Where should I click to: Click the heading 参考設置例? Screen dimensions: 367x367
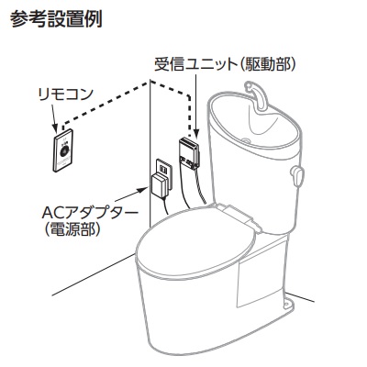56,19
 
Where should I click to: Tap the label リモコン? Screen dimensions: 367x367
65,95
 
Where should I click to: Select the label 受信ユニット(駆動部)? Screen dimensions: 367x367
225,64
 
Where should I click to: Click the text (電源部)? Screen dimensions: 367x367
72,229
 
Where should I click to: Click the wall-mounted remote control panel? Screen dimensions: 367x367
63,150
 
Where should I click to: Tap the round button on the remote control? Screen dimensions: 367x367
64,150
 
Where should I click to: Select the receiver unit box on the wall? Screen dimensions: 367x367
189,152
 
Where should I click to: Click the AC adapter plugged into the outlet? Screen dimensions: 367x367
160,185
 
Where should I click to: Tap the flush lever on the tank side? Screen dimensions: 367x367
297,176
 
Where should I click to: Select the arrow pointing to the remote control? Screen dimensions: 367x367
53,117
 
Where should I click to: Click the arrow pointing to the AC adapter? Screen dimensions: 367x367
131,195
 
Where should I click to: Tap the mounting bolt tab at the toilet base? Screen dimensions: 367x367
288,303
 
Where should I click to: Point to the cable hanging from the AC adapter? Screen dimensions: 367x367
166,206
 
